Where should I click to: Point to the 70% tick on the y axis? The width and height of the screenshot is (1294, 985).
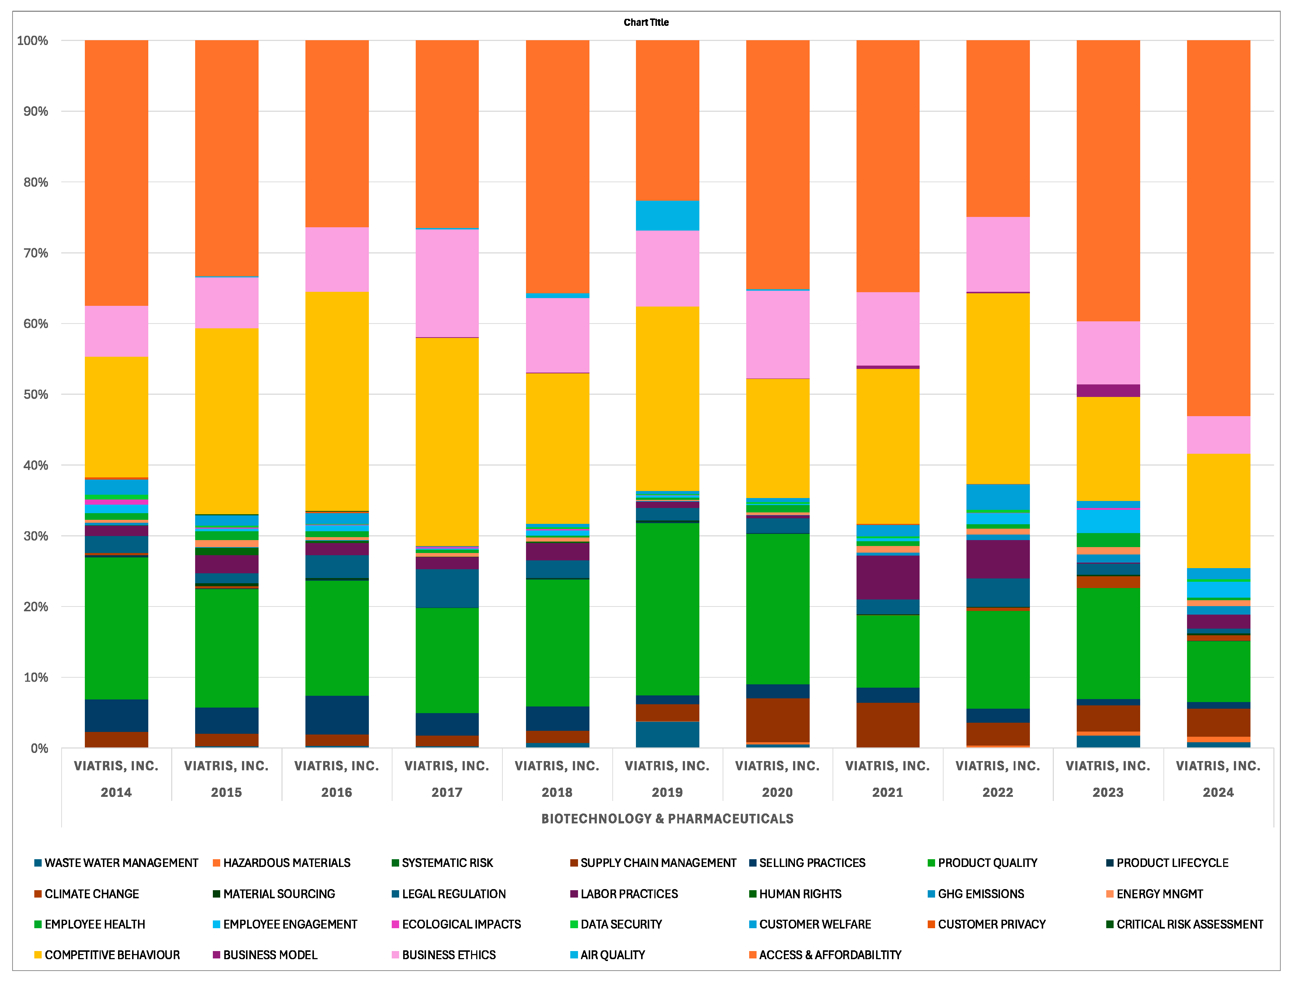click(35, 253)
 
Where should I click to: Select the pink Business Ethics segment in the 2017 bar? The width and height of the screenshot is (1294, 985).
click(447, 283)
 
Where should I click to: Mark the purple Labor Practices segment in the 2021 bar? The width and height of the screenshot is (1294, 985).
click(888, 577)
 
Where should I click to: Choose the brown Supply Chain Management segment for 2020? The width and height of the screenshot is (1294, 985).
click(778, 720)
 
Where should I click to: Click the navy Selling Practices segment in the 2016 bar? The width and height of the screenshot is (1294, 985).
click(336, 715)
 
